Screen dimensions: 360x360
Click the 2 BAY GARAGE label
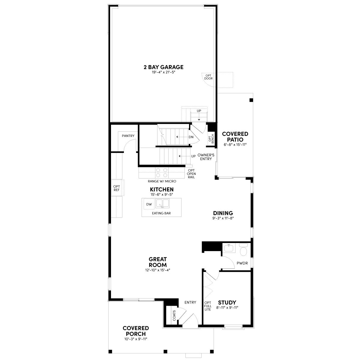(163, 67)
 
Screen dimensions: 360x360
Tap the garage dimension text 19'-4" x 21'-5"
(163, 72)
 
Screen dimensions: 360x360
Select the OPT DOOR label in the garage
(208, 77)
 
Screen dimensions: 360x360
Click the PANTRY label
(128, 136)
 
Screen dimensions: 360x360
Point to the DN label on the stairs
(191, 137)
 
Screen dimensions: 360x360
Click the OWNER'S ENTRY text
(206, 157)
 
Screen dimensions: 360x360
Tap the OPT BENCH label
(211, 139)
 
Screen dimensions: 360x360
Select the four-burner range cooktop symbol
(162, 172)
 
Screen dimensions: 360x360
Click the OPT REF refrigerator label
(117, 188)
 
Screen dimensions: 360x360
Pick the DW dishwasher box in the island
(149, 204)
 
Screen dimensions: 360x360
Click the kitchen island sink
(163, 204)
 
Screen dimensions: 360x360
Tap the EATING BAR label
(161, 213)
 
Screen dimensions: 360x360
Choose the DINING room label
(223, 213)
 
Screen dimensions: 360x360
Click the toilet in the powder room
(243, 249)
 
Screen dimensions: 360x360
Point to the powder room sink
(229, 248)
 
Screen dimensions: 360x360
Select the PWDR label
(242, 263)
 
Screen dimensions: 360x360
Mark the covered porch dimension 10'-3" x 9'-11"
(136, 339)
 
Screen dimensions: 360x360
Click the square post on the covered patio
(251, 100)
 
